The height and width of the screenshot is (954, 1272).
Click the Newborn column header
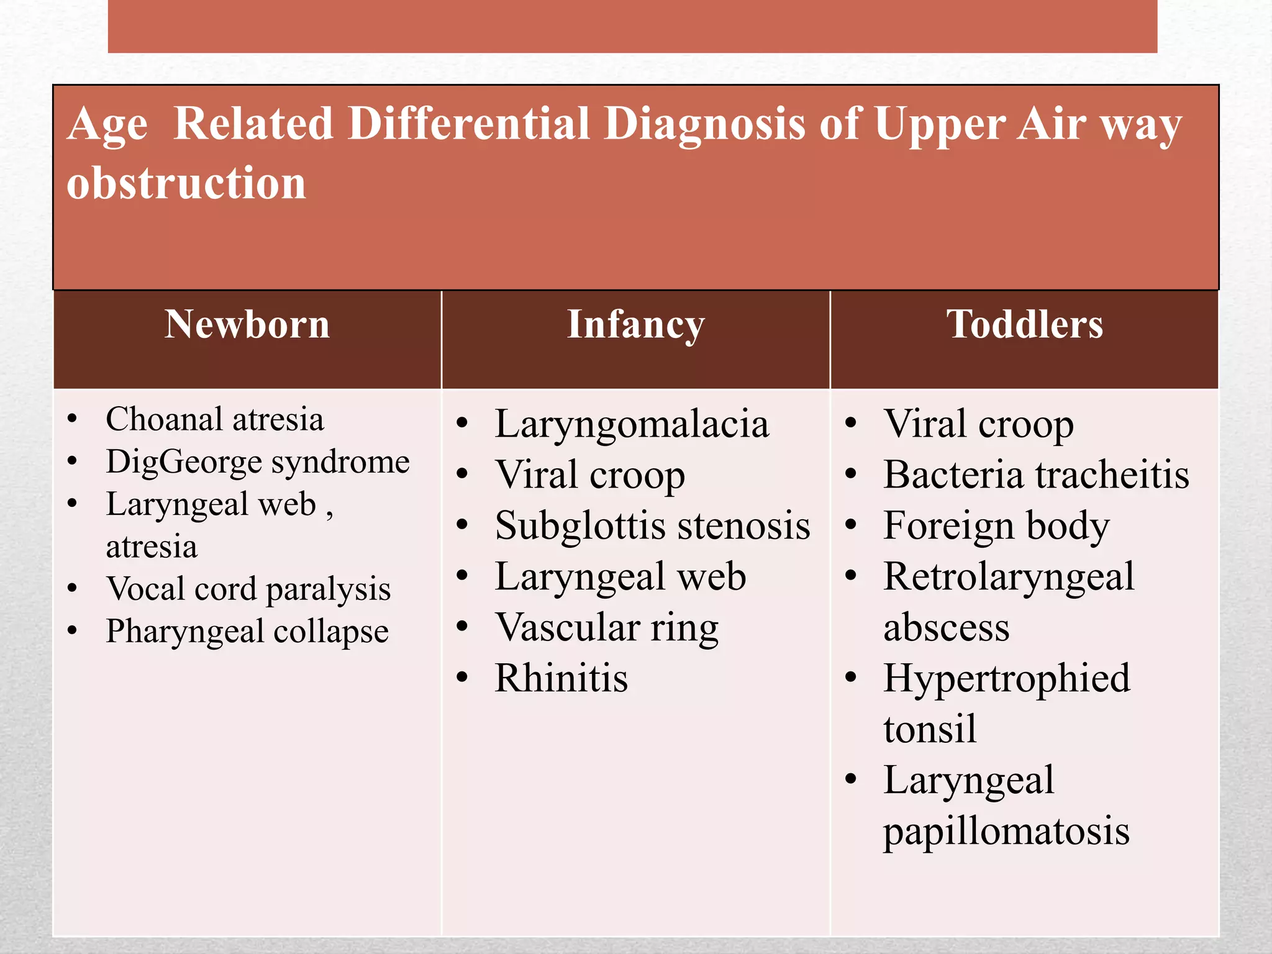tap(247, 324)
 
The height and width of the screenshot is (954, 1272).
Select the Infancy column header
tap(635, 324)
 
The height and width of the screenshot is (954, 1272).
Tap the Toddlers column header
tap(1024, 324)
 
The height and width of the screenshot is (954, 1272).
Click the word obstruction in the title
tap(186, 183)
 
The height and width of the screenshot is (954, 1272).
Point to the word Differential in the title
tap(468, 124)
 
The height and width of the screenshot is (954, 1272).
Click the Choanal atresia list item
tap(215, 419)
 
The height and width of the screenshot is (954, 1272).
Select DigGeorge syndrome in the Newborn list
tap(257, 462)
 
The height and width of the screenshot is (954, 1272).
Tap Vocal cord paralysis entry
tap(248, 589)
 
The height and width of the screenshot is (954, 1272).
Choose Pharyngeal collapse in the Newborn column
tap(247, 632)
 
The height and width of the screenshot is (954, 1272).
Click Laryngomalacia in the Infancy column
tap(632, 425)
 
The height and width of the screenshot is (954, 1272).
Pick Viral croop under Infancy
tap(590, 475)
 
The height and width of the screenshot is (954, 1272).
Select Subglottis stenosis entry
tap(652, 526)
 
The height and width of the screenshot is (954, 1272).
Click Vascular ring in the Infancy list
tap(607, 627)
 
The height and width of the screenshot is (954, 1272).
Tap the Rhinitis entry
tap(561, 678)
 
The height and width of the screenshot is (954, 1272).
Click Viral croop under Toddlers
tap(978, 425)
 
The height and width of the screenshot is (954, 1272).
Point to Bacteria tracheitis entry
tap(1036, 475)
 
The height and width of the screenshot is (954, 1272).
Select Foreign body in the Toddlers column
tap(996, 526)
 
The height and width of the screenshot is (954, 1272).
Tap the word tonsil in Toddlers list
tap(930, 729)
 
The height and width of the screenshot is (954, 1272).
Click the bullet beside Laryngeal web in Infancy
tap(462, 576)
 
